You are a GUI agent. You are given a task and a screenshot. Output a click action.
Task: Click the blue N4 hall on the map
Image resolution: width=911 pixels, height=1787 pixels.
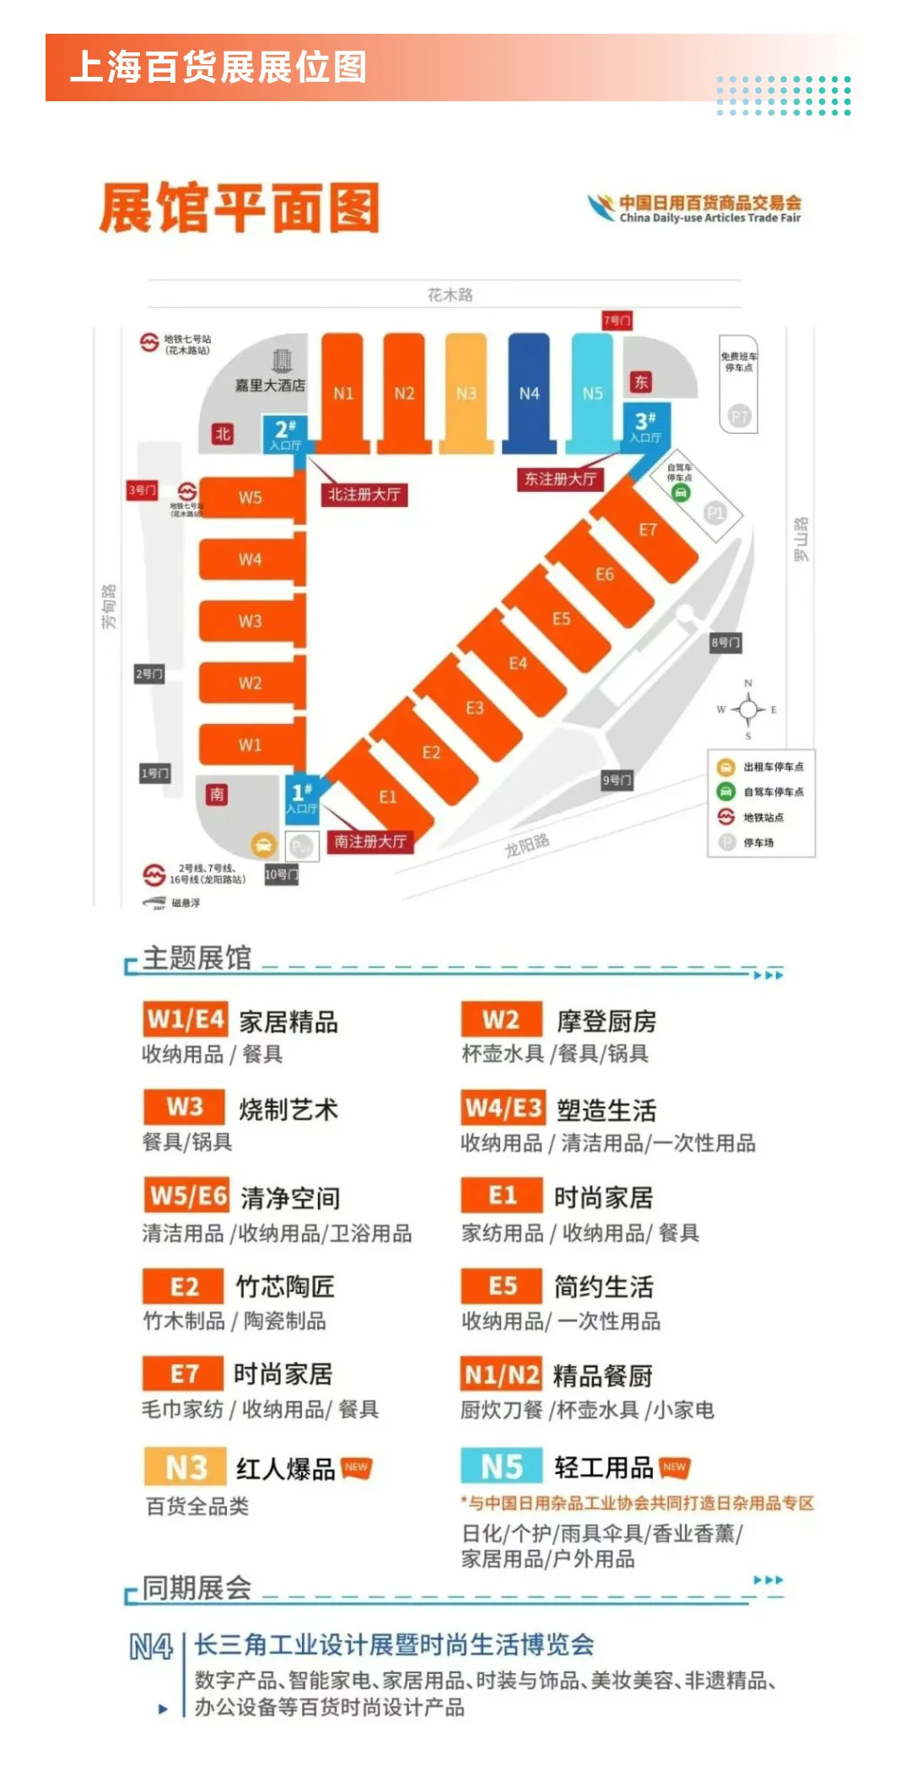coord(529,392)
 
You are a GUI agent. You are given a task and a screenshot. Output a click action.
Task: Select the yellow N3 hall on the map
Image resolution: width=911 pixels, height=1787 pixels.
coord(466,392)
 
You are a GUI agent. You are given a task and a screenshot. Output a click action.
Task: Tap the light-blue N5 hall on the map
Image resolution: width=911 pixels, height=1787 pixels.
coord(593,392)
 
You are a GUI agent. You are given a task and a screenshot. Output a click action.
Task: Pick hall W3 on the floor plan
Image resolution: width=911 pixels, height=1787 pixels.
coord(251,621)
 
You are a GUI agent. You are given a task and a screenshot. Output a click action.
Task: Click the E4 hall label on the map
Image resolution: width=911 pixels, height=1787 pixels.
coord(518,663)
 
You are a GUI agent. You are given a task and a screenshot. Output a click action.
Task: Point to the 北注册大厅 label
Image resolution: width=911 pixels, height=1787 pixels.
coord(364,494)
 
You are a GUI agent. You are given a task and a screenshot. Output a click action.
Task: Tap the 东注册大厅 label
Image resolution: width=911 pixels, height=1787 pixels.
coord(560,479)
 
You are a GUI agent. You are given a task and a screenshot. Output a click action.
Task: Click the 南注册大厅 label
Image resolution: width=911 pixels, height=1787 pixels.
coord(370,841)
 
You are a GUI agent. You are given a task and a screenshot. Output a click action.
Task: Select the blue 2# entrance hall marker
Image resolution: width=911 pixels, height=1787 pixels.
coord(286,434)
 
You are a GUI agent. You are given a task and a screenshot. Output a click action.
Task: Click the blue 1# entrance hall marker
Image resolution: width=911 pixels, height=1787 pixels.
coord(301,796)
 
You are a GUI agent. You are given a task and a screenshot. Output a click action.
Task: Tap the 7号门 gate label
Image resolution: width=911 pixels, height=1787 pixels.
coord(617,321)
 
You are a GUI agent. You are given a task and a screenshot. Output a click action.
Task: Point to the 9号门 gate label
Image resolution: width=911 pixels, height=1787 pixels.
coord(617,780)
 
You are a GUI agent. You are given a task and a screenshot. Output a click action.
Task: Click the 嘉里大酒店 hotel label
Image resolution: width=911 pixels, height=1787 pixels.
coord(270,385)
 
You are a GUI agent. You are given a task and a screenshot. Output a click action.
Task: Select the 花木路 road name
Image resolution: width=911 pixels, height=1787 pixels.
coord(450,294)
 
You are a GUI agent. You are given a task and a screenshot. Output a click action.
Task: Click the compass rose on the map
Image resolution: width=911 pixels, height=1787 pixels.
coord(747,710)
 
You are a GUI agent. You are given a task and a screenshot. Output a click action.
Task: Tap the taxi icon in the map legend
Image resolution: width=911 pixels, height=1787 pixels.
coord(725,767)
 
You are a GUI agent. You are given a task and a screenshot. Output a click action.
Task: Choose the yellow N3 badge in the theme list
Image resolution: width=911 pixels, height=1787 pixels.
coord(186,1468)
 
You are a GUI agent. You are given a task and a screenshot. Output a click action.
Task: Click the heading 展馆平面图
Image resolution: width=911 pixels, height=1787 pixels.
coord(240,208)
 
